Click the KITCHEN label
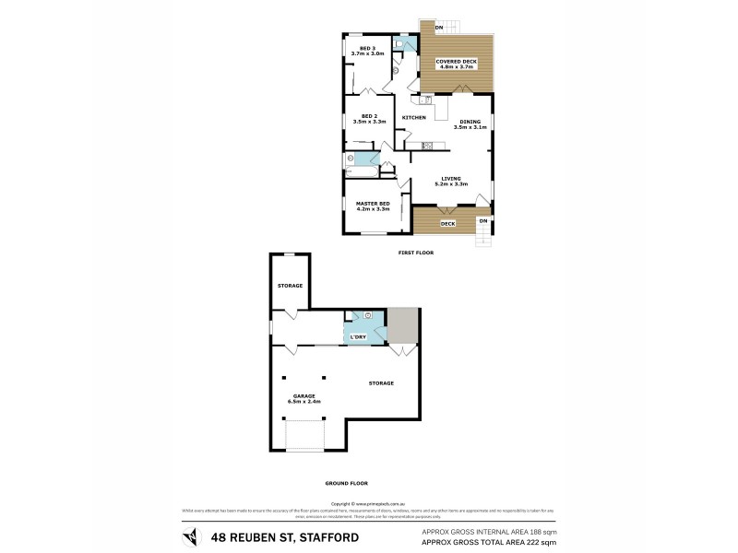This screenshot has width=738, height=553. coord(413,118)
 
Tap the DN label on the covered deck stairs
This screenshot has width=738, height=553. coord(438,28)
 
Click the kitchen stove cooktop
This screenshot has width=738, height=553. coord(427,146)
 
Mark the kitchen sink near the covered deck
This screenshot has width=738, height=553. coord(429,100)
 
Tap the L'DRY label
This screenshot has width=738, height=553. coord(359,337)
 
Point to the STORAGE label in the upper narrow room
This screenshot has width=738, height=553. coord(290,286)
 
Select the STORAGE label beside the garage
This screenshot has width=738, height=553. coord(381,382)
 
